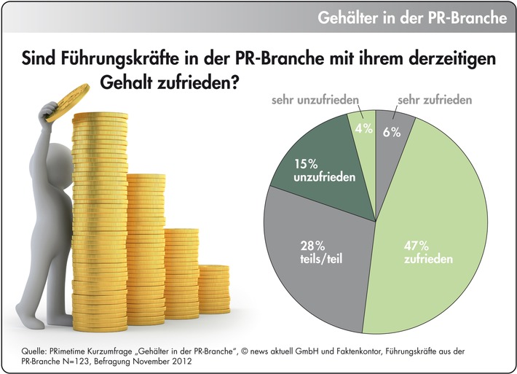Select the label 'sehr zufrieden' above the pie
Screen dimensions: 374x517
435,99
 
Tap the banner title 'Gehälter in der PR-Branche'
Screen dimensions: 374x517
412,17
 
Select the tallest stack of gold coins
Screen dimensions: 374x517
99,219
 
